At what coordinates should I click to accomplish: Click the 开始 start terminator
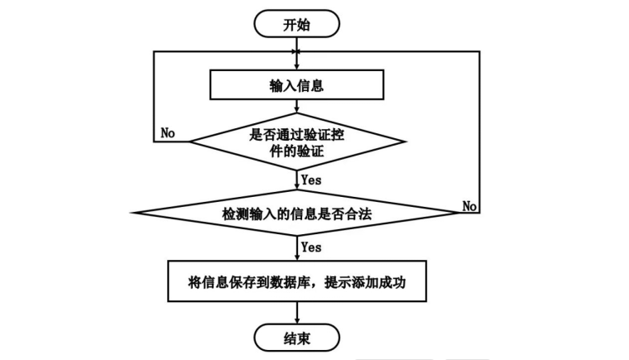coord(297,23)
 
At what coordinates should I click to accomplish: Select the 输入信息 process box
coord(297,84)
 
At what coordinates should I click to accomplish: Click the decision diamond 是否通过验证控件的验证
coord(297,140)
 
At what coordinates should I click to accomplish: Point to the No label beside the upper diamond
coord(168,132)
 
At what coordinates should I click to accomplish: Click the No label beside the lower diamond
coord(469,204)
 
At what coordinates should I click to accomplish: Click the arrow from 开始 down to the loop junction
coord(297,43)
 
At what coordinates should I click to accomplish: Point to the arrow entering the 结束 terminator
coord(297,314)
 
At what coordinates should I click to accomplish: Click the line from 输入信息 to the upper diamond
coord(297,105)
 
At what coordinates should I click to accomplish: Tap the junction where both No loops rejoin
coord(297,51)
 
